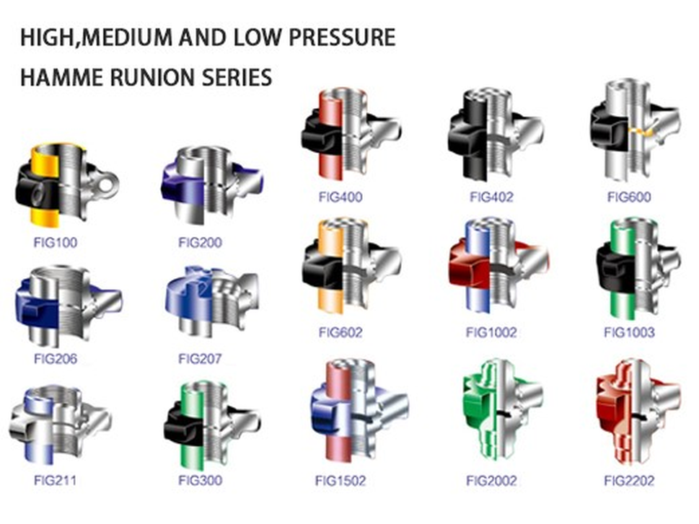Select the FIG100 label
[55, 242]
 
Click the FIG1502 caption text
[341, 480]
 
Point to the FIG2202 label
[629, 480]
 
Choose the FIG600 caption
[629, 197]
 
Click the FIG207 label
[200, 358]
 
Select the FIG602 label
[340, 332]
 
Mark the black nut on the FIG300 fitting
[184, 425]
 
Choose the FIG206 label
[55, 358]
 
